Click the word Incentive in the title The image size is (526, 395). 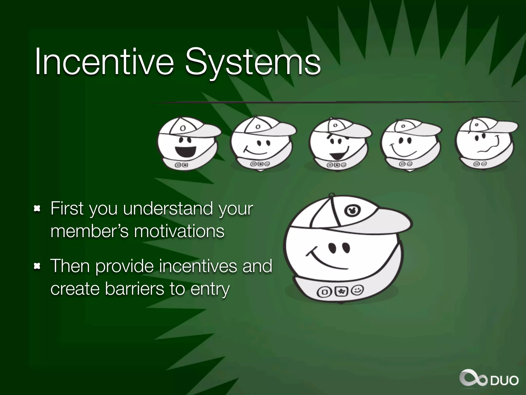(x=104, y=62)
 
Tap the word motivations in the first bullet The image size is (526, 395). (x=179, y=231)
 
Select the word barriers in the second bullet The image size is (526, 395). (x=134, y=289)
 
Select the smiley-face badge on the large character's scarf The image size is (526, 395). (x=358, y=290)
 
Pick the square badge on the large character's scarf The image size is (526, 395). (x=324, y=292)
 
